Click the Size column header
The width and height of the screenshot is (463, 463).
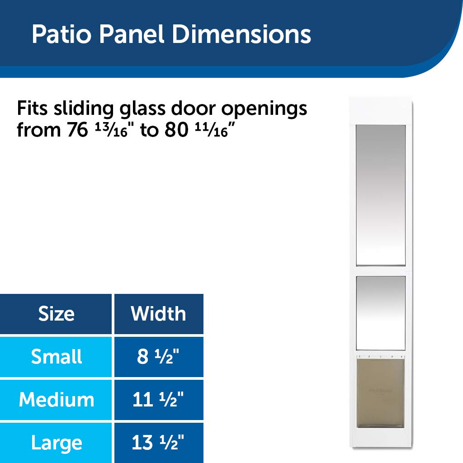(x=56, y=314)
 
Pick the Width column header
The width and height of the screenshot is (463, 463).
(x=158, y=314)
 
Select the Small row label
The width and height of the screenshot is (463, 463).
(x=56, y=357)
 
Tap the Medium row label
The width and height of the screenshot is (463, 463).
(x=56, y=400)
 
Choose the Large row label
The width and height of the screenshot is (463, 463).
(x=56, y=443)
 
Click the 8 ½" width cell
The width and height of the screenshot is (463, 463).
(x=158, y=357)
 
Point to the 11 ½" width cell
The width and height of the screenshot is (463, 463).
(x=158, y=400)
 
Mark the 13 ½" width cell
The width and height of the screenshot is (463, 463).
(x=158, y=443)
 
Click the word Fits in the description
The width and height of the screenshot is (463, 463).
(x=34, y=109)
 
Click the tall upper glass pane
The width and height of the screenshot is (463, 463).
(x=380, y=195)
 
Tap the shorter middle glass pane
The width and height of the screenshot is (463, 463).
(x=380, y=313)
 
